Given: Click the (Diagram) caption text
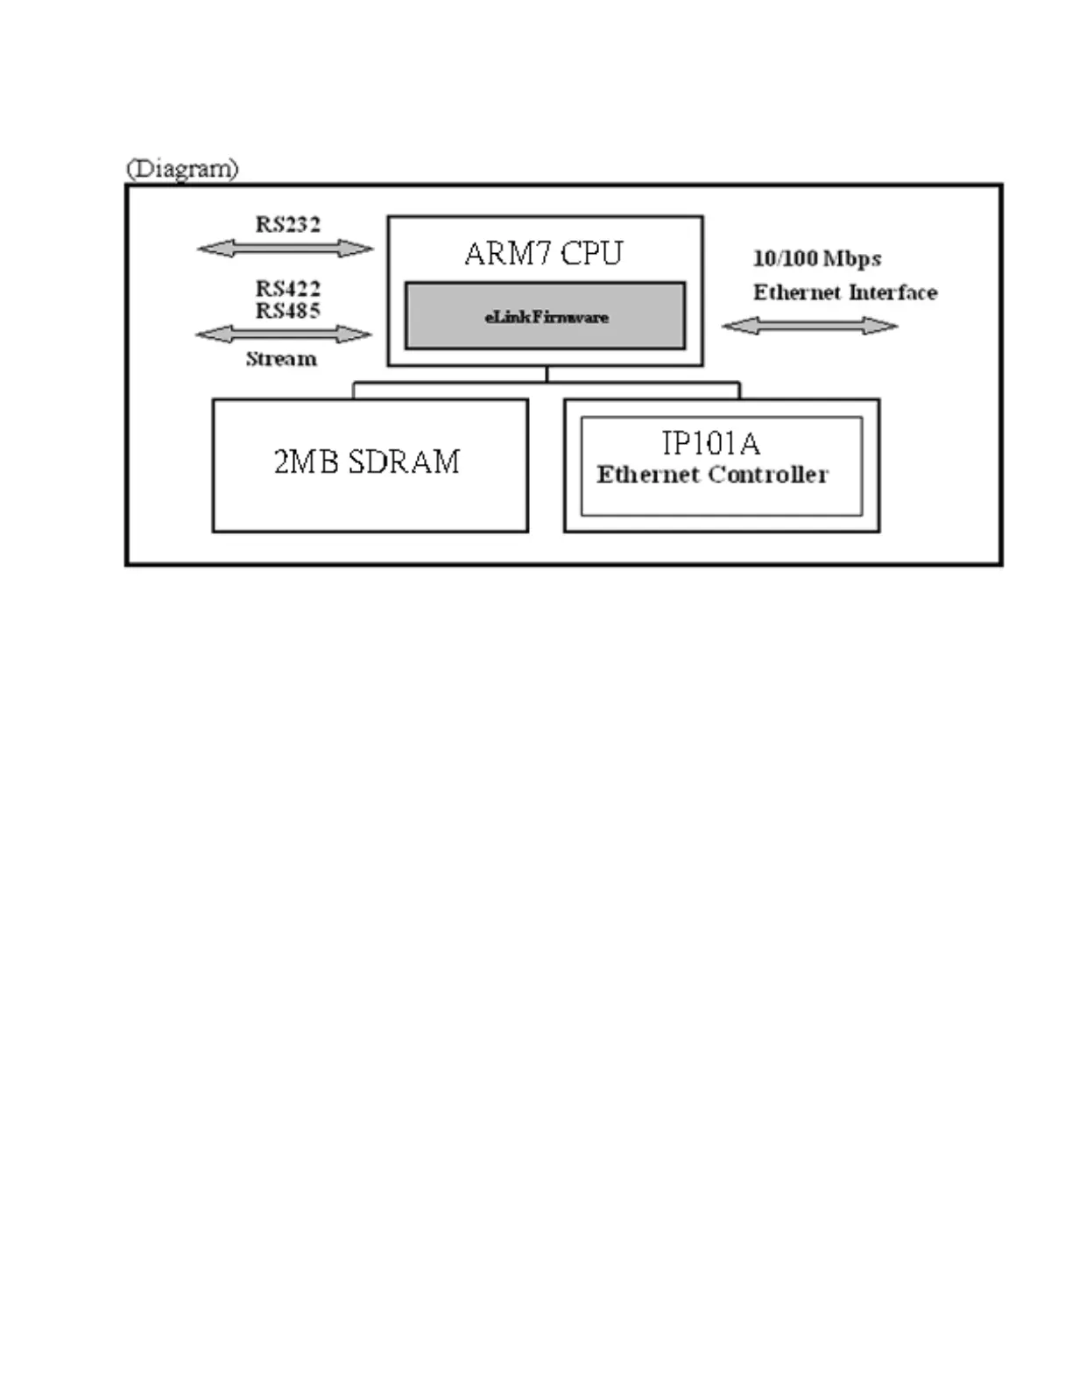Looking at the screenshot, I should (x=182, y=168).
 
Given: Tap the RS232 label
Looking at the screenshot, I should (x=287, y=224).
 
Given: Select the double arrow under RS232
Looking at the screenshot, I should (x=286, y=249).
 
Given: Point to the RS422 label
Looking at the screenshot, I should (x=287, y=288).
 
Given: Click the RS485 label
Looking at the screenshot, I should (x=287, y=310).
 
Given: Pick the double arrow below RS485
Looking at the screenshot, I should (x=284, y=334).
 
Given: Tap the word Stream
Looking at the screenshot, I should (x=281, y=358).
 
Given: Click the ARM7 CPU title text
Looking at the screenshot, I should (x=544, y=254).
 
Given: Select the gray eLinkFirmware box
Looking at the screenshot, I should (x=545, y=316).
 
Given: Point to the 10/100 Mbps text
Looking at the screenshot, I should (x=817, y=258).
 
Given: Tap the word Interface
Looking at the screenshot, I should (x=892, y=292).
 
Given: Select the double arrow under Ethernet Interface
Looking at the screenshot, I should (x=810, y=326).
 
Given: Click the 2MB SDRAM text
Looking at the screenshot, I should (x=367, y=461).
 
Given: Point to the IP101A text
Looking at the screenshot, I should (x=710, y=444).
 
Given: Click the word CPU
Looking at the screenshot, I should (x=591, y=254).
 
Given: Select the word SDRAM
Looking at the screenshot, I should (x=404, y=461).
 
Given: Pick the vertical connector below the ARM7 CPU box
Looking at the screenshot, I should (x=547, y=374).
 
